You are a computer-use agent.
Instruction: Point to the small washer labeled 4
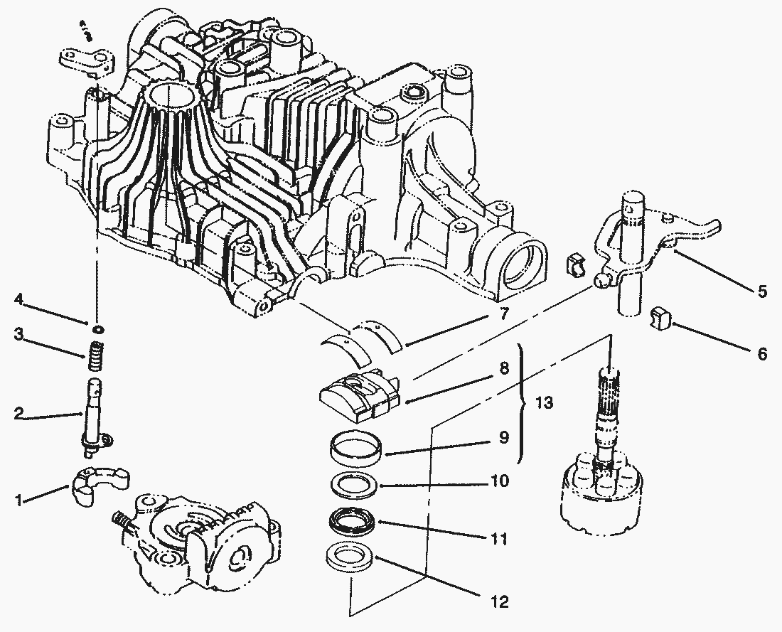[x=97, y=329]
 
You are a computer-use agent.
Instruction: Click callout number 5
[x=761, y=292]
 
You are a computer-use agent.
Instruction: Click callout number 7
[x=503, y=314]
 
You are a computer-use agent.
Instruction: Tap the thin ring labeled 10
[x=356, y=486]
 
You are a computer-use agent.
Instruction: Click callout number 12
[x=500, y=602]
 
